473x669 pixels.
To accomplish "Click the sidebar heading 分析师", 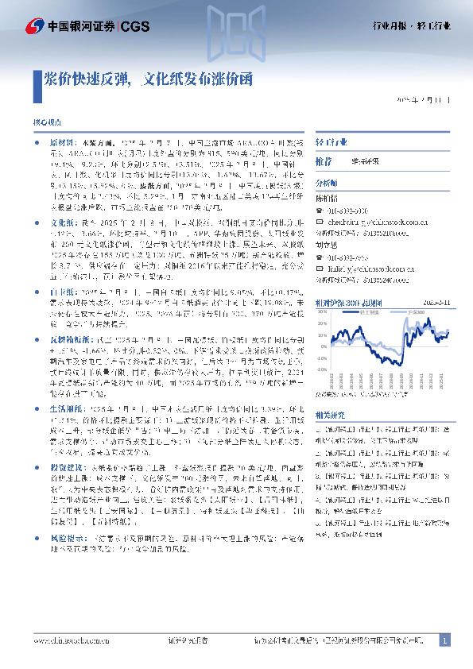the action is click(x=327, y=181).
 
